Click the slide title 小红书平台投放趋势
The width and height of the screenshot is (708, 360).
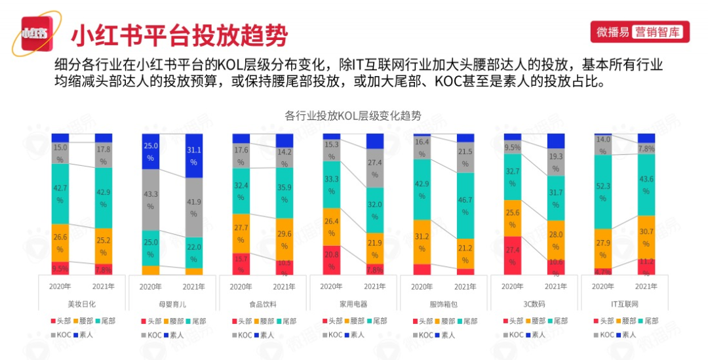tap(178, 35)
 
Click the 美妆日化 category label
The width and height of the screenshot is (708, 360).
tap(82, 304)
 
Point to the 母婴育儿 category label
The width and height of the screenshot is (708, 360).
tap(172, 304)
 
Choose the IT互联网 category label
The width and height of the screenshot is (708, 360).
tap(625, 304)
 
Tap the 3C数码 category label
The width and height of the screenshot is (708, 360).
tap(534, 304)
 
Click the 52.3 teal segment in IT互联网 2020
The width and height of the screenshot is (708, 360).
tap(602, 192)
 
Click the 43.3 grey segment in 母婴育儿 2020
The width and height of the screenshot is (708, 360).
tap(151, 200)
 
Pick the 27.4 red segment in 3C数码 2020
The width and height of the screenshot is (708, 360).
tap(513, 256)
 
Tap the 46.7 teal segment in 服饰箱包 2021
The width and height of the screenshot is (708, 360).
tap(465, 205)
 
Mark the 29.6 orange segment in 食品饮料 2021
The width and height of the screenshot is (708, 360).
tap(285, 239)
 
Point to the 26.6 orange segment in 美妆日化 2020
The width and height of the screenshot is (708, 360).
tap(60, 243)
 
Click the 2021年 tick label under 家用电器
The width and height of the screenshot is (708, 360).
tap(375, 287)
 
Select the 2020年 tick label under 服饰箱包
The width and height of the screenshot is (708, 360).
tap(422, 287)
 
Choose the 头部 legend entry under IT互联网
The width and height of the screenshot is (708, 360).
tap(603, 321)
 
